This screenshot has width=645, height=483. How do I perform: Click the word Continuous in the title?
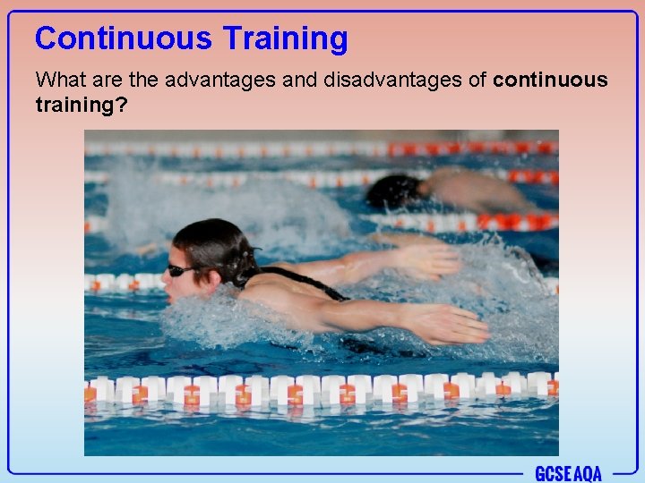tap(124, 38)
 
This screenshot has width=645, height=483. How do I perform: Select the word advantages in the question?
tap(204, 80)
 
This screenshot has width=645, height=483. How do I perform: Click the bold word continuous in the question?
tap(550, 80)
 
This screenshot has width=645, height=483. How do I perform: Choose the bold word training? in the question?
tap(82, 105)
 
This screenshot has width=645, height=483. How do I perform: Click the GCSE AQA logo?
tap(568, 472)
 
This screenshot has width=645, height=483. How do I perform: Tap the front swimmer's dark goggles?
tap(180, 269)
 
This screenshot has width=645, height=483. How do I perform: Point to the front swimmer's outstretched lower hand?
tap(448, 324)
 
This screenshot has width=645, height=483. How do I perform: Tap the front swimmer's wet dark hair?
tap(211, 240)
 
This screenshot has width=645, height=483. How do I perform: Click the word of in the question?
tap(477, 80)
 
